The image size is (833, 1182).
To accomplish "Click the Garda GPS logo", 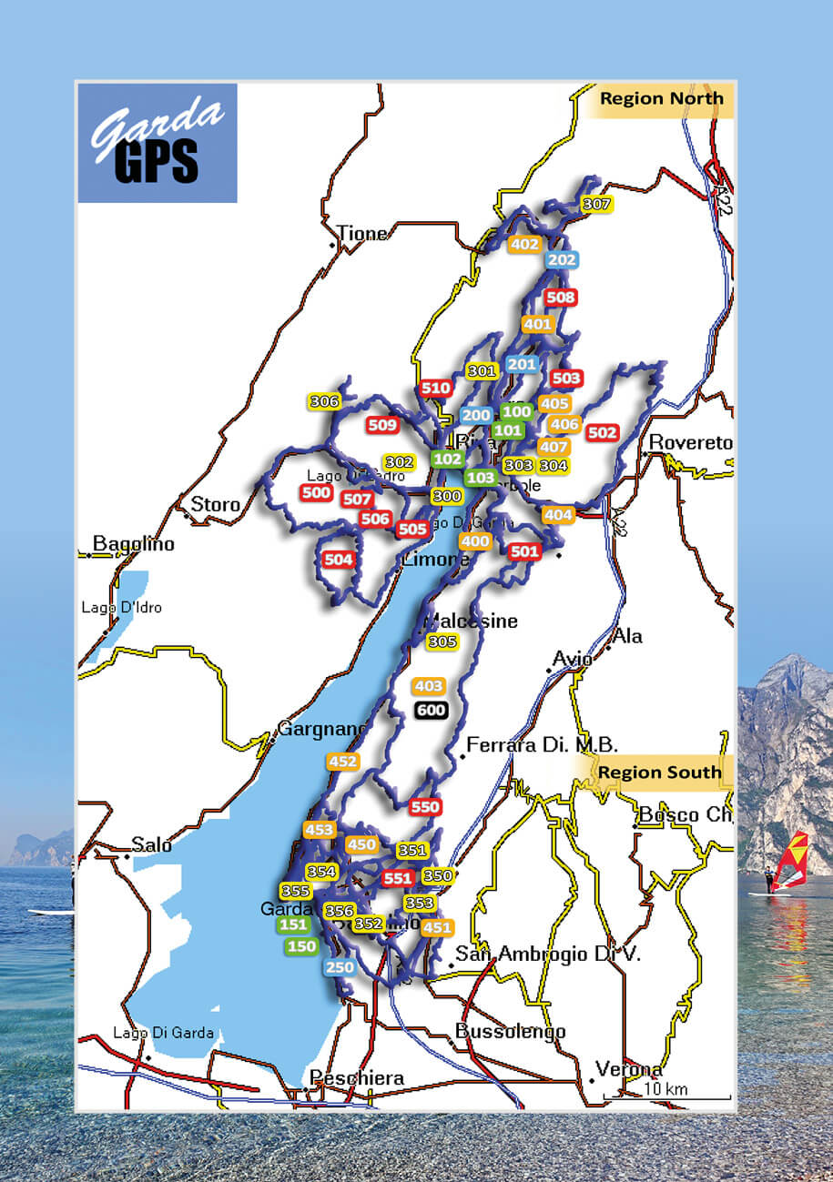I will pos(157,143).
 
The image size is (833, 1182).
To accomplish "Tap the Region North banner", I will pos(660,99).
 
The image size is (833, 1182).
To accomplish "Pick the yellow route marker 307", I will pos(596,205).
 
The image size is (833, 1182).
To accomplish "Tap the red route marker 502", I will pos(603,433).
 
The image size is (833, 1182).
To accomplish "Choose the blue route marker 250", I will pos(339,967).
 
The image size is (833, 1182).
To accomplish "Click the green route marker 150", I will pos(301,946).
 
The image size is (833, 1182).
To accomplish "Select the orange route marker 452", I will pos(342,762).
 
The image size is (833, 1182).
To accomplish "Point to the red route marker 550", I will pos(425,807).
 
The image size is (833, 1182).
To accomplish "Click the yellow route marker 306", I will pos(324,401).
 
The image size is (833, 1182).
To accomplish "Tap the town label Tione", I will pos(361,234).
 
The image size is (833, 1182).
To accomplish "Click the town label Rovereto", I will pos(690,443).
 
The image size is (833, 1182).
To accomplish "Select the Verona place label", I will pos(627,1068).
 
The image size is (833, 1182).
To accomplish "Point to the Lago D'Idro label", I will pos(121,607).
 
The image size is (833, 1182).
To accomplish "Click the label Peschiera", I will pos(357,1078).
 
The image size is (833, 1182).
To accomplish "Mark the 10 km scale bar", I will pos(666,1094).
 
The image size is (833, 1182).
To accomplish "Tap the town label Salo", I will pos(151,845).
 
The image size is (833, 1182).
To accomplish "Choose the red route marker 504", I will pos(338,560).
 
